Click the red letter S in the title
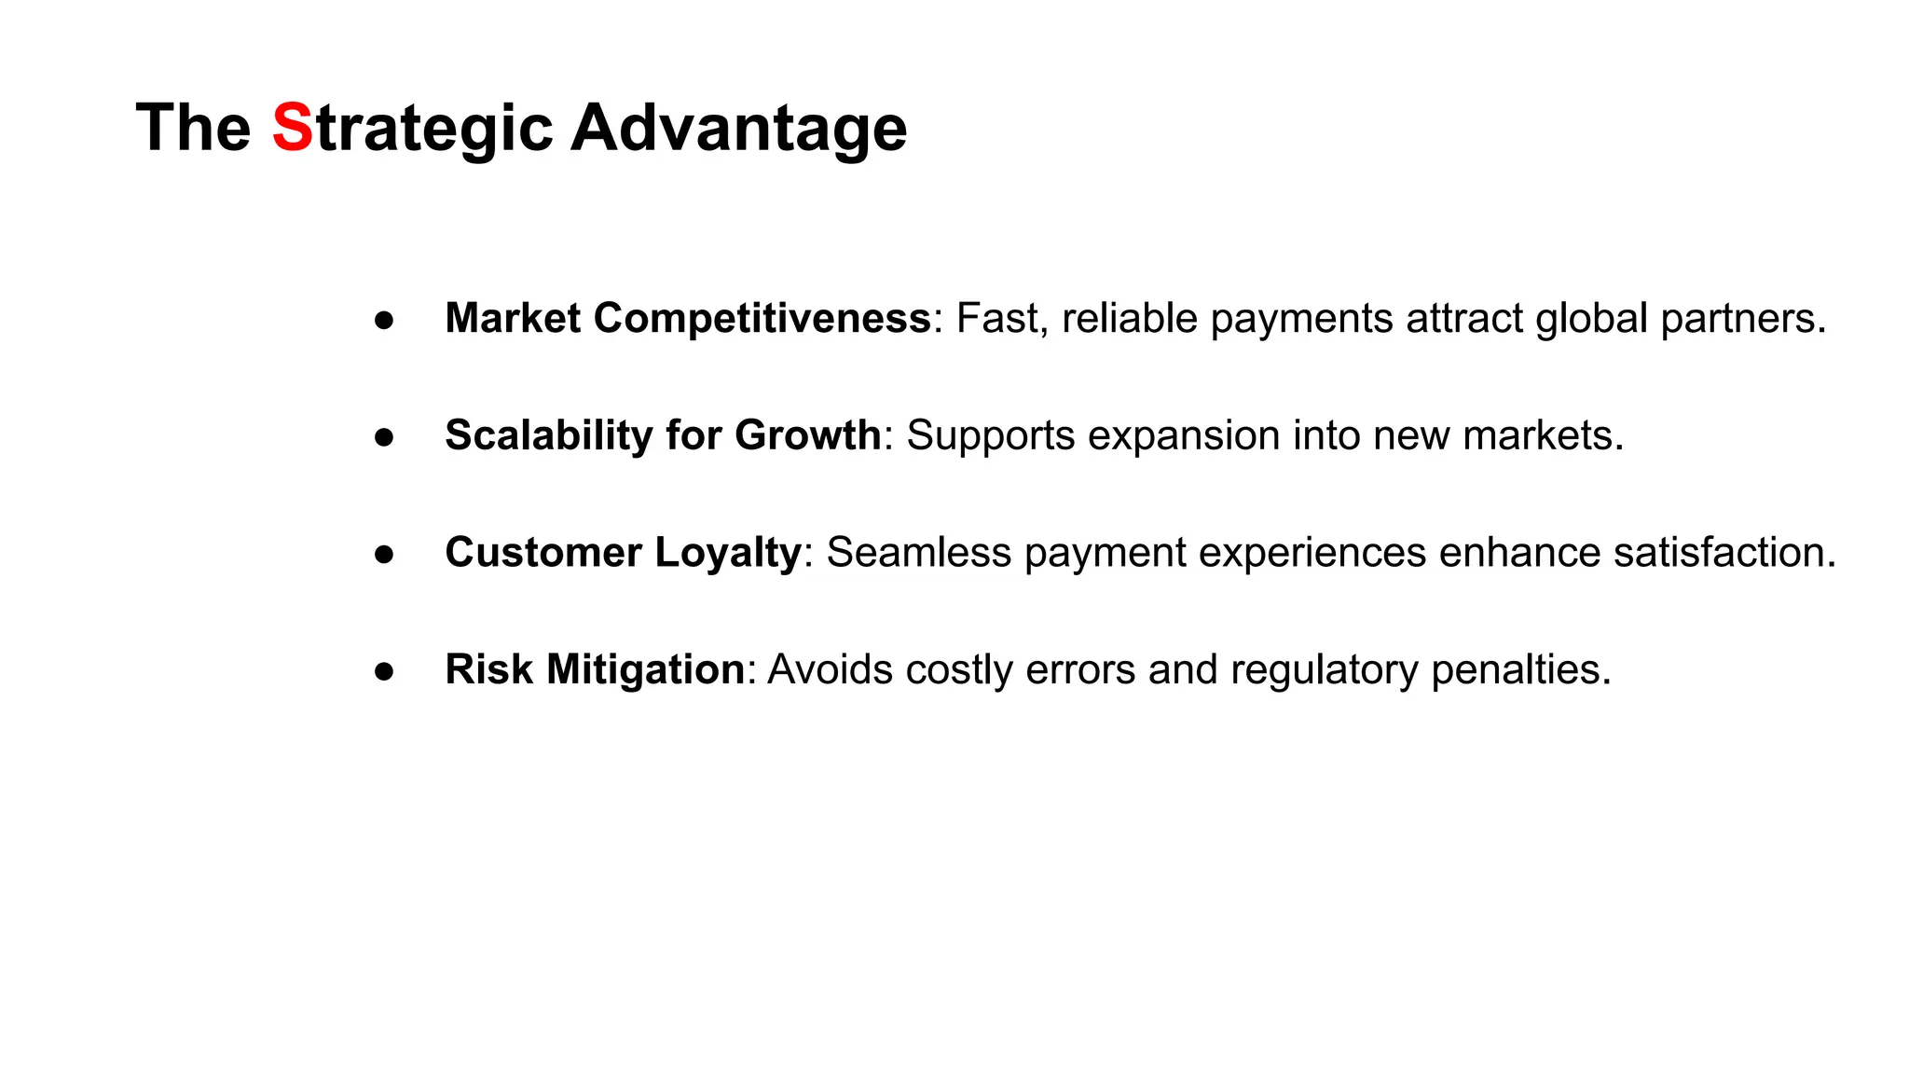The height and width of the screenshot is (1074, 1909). (292, 128)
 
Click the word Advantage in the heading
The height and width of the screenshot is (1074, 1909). (738, 128)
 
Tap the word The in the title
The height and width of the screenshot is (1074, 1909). (193, 128)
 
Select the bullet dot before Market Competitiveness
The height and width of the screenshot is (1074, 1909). (384, 320)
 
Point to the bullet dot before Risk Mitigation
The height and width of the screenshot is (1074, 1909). (384, 671)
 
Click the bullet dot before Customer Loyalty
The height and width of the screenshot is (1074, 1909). (384, 554)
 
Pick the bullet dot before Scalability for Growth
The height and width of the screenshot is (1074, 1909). (384, 436)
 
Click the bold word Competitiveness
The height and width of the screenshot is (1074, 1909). (762, 319)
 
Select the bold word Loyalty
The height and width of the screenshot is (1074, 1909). (727, 553)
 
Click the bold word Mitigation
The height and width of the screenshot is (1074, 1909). (645, 669)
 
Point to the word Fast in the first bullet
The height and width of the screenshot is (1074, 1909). (996, 319)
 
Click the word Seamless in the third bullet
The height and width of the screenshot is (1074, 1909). (918, 553)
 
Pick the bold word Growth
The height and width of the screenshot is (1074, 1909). (807, 435)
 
